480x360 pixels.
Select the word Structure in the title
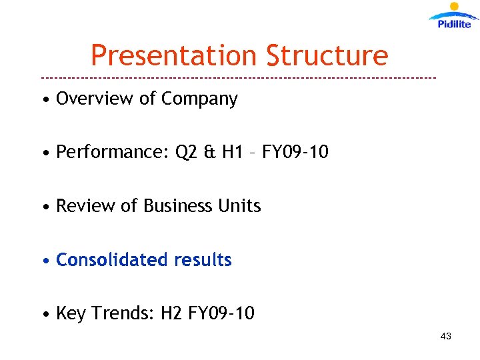click(x=327, y=55)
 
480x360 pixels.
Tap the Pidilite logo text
click(x=454, y=24)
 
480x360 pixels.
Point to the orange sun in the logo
click(x=455, y=7)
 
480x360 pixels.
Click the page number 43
click(x=445, y=336)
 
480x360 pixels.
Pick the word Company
click(x=199, y=99)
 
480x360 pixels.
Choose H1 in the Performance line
click(x=232, y=153)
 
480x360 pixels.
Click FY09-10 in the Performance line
click(x=295, y=153)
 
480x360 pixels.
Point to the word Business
click(x=175, y=206)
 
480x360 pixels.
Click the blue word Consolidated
click(x=111, y=259)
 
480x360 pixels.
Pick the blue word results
click(x=203, y=259)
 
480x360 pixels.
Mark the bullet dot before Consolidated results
click(x=45, y=261)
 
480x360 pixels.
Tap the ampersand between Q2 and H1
click(x=209, y=153)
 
